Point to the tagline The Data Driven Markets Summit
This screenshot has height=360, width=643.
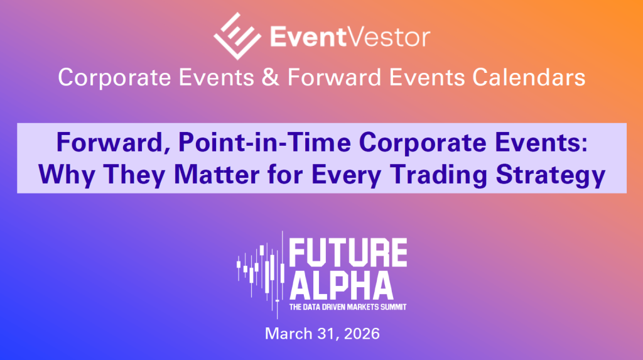tap(347, 308)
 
